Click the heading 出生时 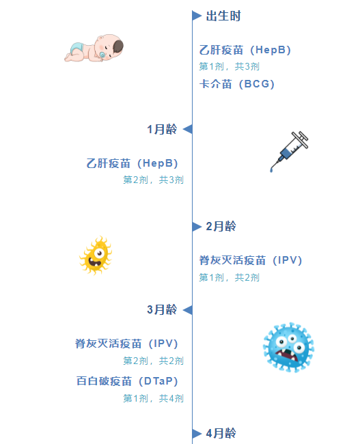223,16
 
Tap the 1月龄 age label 162,129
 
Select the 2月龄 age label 221,226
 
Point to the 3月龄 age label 162,309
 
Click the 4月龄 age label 221,433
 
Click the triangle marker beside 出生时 197,16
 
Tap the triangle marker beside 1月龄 188,129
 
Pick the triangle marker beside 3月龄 188,310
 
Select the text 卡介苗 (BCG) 237,84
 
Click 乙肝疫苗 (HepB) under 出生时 245,50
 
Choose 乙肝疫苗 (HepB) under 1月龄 132,163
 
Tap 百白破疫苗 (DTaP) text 127,381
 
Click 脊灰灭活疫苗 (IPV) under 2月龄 251,260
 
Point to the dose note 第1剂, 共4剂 153,398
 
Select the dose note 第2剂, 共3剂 153,180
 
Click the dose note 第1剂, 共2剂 229,277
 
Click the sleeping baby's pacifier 102,55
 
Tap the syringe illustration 289,152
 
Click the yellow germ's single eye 99,253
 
